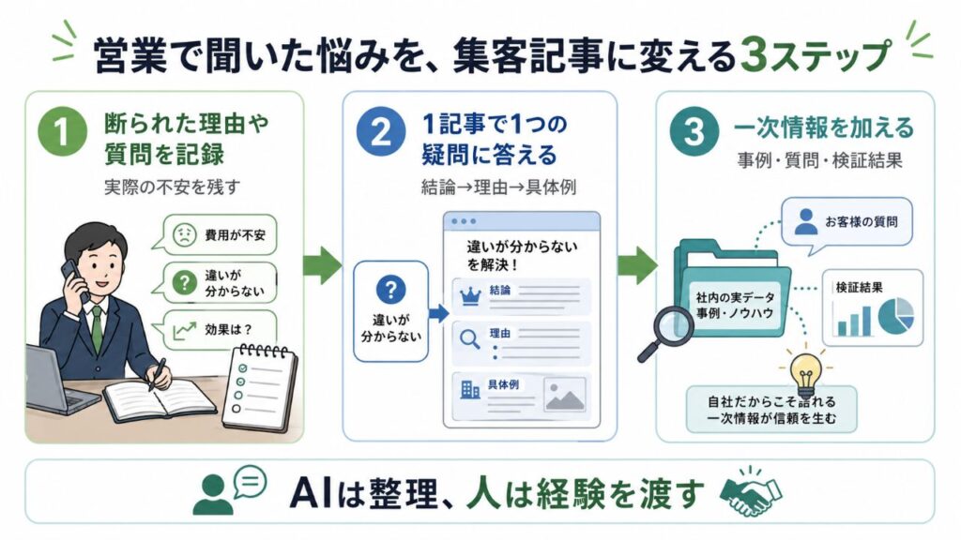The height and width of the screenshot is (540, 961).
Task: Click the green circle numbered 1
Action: pyautogui.click(x=62, y=131)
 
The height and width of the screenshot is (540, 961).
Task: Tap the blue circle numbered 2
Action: pyautogui.click(x=381, y=131)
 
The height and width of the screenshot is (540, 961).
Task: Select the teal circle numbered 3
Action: pyautogui.click(x=694, y=131)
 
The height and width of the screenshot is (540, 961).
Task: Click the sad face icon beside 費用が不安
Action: pyautogui.click(x=184, y=234)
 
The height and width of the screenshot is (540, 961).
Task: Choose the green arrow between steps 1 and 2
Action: pyautogui.click(x=323, y=265)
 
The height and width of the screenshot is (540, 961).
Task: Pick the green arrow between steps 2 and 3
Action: pyautogui.click(x=637, y=265)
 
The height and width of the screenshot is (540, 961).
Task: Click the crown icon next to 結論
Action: pyautogui.click(x=471, y=295)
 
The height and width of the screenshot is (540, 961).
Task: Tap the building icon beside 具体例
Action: pyautogui.click(x=470, y=389)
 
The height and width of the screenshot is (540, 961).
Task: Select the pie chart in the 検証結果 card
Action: pyautogui.click(x=895, y=316)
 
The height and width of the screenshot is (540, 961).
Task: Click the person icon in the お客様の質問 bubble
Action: pyautogui.click(x=805, y=221)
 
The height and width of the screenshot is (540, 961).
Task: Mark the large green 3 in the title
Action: pyautogui.click(x=755, y=56)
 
